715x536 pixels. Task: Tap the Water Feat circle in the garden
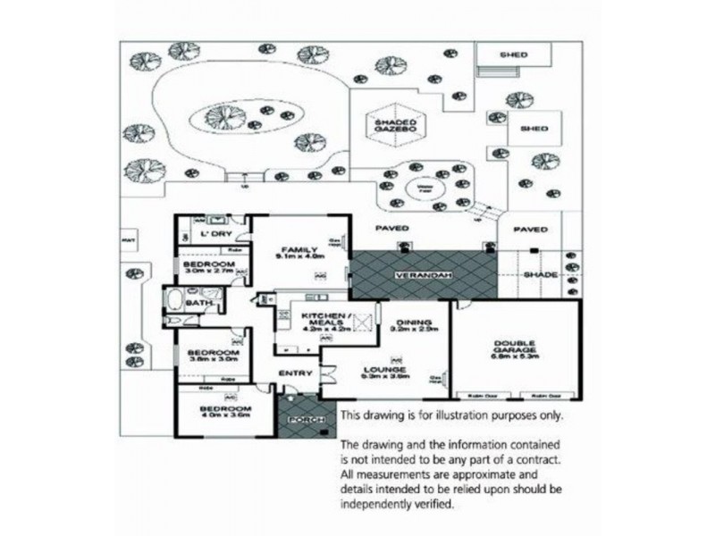pyautogui.click(x=419, y=188)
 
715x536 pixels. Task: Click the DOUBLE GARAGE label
pyautogui.click(x=515, y=348)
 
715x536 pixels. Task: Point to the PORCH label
pyautogui.click(x=299, y=418)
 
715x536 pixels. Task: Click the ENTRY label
pyautogui.click(x=294, y=373)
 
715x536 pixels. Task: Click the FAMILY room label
pyautogui.click(x=295, y=250)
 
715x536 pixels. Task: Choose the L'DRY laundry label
pyautogui.click(x=215, y=234)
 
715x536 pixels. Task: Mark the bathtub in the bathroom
pyautogui.click(x=172, y=299)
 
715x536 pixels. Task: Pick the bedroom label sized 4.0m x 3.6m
pyautogui.click(x=214, y=412)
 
